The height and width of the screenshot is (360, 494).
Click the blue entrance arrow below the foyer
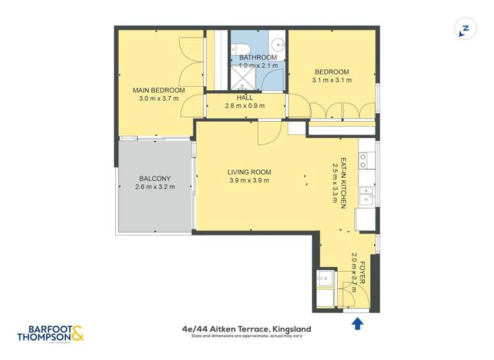tap(358, 322)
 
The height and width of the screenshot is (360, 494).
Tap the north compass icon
tap(464, 30)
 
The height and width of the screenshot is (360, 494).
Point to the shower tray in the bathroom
tap(244, 80)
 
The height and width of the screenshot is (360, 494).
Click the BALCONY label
tap(155, 178)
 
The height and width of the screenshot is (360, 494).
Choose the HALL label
tap(245, 97)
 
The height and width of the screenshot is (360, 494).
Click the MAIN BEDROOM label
tap(158, 90)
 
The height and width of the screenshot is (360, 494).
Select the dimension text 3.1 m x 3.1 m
tap(331, 80)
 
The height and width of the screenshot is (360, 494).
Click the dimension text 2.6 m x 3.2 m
tap(155, 187)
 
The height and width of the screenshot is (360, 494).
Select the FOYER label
tap(362, 272)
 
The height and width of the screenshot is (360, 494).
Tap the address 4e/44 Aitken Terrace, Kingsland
tap(246, 328)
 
